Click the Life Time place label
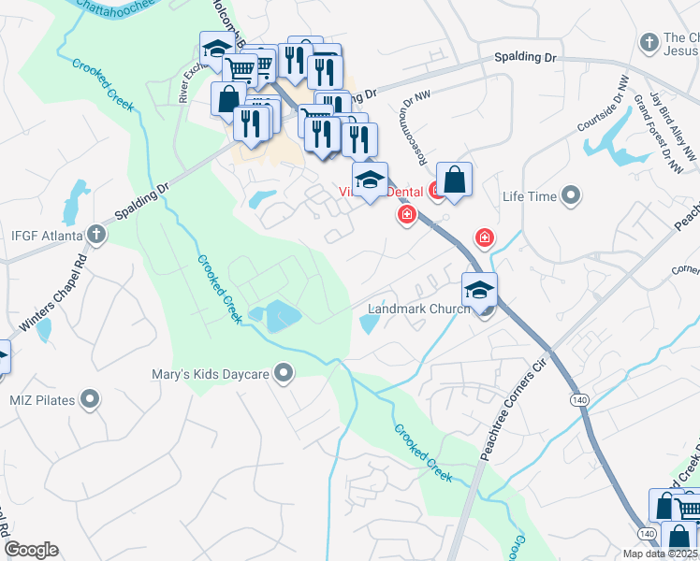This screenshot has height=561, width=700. (x=530, y=196)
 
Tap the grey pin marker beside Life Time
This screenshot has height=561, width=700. (x=571, y=196)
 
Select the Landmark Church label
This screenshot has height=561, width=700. (x=418, y=309)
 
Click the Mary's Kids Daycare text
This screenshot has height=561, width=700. (x=211, y=375)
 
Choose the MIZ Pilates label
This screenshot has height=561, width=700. (x=42, y=400)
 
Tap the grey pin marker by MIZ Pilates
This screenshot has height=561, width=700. (x=90, y=400)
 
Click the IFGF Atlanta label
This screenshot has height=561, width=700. (x=44, y=234)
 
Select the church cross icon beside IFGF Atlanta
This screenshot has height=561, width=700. (x=95, y=234)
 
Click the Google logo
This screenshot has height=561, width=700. (x=31, y=550)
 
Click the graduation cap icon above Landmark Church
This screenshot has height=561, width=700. (x=479, y=288)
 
